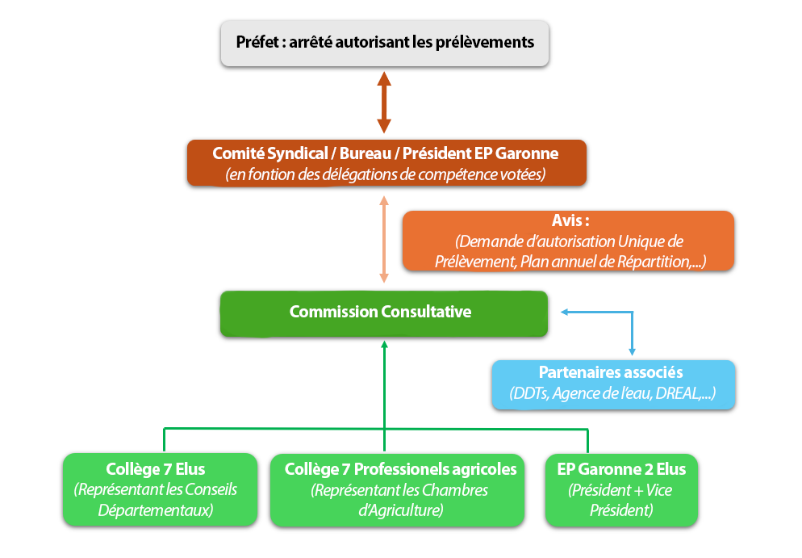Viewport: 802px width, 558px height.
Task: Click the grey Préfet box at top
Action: [x=385, y=42]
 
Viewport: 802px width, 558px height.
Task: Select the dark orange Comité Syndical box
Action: [x=385, y=163]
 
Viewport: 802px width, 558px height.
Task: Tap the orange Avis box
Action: [x=567, y=241]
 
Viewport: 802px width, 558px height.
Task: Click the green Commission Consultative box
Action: [x=384, y=313]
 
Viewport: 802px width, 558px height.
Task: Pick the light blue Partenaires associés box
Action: [x=612, y=384]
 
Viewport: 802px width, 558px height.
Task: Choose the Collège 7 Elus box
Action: [x=156, y=489]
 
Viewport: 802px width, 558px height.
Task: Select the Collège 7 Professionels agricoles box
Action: [x=400, y=489]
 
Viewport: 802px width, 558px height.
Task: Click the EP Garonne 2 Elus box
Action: [x=620, y=489]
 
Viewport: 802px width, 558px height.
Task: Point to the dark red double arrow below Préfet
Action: [x=384, y=103]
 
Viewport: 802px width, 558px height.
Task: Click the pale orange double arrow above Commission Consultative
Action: [x=384, y=239]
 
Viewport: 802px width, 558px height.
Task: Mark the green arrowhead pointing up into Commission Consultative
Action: [x=384, y=346]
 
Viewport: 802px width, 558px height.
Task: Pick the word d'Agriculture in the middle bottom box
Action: [x=400, y=510]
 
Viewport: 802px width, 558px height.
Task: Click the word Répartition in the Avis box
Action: [x=656, y=261]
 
